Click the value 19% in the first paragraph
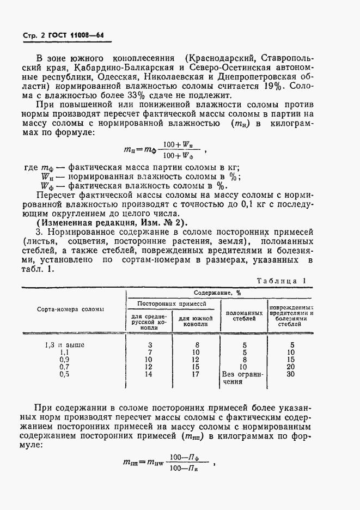pyautogui.click(x=265, y=87)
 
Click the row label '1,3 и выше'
pyautogui.click(x=64, y=345)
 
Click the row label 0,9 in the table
pyautogui.click(x=64, y=360)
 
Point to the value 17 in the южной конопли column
pyautogui.click(x=196, y=374)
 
